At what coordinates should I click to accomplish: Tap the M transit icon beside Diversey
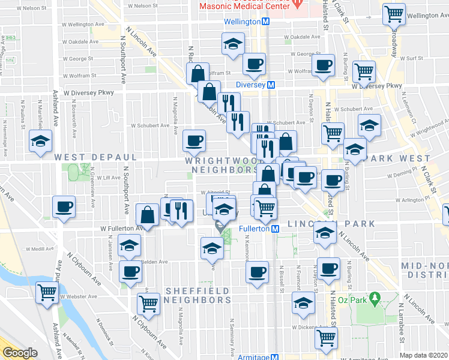click(271, 85)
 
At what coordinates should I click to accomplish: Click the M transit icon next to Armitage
click(276, 357)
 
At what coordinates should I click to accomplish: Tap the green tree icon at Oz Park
click(376, 297)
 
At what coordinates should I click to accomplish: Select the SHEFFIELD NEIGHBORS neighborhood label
click(197, 295)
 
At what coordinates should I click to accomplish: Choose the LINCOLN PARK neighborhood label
click(331, 224)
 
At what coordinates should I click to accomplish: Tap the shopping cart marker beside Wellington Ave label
click(394, 13)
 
